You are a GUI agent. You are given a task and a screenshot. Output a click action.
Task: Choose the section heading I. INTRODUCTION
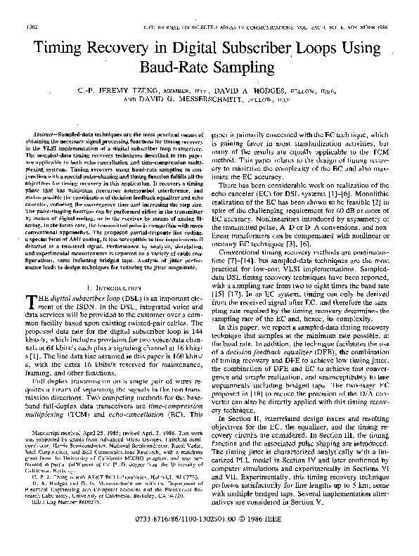click(x=112, y=288)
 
